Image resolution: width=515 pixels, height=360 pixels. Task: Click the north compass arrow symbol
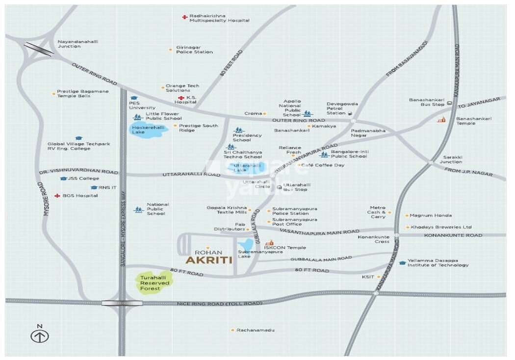(40, 336)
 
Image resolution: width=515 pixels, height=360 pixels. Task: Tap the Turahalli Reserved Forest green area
(154, 283)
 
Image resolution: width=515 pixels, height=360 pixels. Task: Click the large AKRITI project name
(209, 260)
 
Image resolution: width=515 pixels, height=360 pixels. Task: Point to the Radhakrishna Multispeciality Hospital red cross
(184, 17)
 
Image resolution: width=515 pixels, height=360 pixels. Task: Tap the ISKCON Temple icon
(269, 243)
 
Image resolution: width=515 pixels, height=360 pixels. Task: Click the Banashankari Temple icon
(442, 119)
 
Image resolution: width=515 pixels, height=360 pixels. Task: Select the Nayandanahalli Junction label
(77, 44)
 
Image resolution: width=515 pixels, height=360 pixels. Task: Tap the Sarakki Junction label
(450, 159)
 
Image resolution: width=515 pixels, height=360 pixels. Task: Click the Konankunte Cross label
(374, 239)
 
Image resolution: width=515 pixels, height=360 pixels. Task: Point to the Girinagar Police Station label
(194, 49)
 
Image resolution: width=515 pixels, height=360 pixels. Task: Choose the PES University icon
(134, 98)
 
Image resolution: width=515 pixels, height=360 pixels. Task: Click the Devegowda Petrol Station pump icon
(350, 113)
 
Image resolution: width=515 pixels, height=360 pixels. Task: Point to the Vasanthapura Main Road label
(319, 231)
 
